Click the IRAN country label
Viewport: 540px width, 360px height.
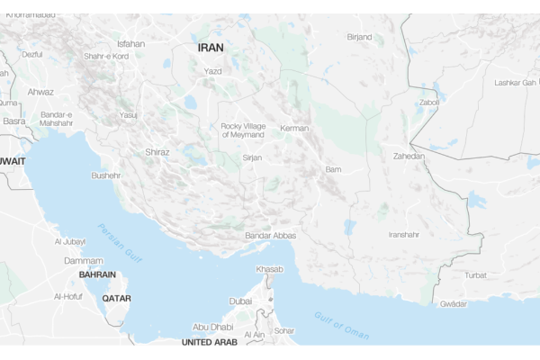pyautogui.click(x=211, y=47)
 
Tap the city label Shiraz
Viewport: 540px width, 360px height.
pyautogui.click(x=157, y=152)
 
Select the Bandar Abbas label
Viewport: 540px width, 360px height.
pyautogui.click(x=269, y=236)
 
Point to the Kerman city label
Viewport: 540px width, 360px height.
pyautogui.click(x=293, y=129)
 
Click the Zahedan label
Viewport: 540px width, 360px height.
pyautogui.click(x=409, y=156)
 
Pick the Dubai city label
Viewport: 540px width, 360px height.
pyautogui.click(x=240, y=301)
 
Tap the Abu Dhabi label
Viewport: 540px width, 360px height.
pyautogui.click(x=212, y=328)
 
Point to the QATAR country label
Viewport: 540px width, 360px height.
pyautogui.click(x=116, y=298)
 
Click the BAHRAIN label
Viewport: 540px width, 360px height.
pyautogui.click(x=97, y=274)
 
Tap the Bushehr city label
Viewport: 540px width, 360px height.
pyautogui.click(x=105, y=175)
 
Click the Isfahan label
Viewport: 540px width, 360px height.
pyautogui.click(x=130, y=43)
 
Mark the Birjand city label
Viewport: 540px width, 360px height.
pyautogui.click(x=359, y=37)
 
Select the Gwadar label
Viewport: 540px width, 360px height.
pyautogui.click(x=453, y=304)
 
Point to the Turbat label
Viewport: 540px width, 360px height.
pyautogui.click(x=475, y=274)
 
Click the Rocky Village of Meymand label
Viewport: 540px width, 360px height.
pyautogui.click(x=243, y=130)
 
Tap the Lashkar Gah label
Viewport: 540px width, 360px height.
pyautogui.click(x=515, y=83)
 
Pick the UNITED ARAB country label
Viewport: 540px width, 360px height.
pyautogui.click(x=209, y=342)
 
